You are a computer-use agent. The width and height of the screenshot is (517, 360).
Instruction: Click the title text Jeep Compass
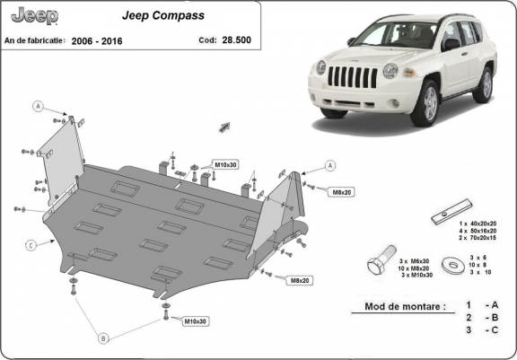pyautogui.click(x=162, y=16)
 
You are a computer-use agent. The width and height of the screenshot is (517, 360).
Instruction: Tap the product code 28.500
pyautogui.click(x=238, y=41)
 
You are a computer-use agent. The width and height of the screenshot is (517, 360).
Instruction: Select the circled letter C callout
pyautogui.click(x=31, y=243)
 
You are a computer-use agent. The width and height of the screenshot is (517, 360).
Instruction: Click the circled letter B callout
pyautogui.click(x=103, y=338)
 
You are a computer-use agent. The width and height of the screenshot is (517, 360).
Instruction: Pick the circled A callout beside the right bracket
pyautogui.click(x=330, y=166)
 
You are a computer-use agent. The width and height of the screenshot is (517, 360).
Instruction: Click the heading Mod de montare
pyautogui.click(x=404, y=306)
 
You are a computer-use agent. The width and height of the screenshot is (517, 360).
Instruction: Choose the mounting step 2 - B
pyautogui.click(x=480, y=318)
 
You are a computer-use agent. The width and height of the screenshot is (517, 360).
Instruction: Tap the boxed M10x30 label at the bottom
pyautogui.click(x=195, y=320)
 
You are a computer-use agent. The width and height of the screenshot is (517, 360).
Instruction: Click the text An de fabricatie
pyautogui.click(x=36, y=41)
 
